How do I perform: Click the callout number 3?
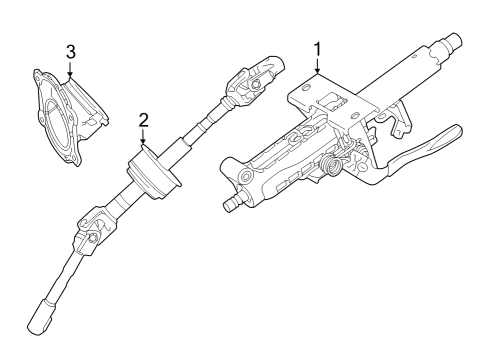[x=70, y=51]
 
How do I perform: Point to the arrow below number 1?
[x=317, y=70]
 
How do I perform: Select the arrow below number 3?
[x=70, y=70]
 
